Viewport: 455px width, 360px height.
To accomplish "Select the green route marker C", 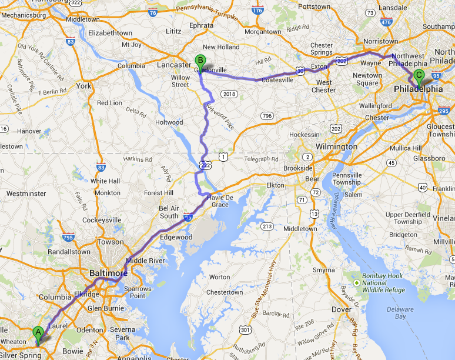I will tap(419, 75).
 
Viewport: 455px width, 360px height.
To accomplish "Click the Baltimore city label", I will tap(108, 274).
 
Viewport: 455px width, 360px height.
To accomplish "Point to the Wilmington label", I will tap(336, 146).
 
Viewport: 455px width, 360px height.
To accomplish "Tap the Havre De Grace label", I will tap(220, 201).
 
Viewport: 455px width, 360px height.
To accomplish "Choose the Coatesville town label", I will tap(277, 80).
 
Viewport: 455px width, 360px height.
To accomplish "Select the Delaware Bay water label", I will tap(400, 312).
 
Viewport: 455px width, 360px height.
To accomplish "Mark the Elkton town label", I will tap(275, 185).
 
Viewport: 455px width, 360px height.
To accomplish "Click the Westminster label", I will tap(25, 193).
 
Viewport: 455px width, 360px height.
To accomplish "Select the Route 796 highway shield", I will tap(267, 115).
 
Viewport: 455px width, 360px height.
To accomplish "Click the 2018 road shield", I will tap(229, 94).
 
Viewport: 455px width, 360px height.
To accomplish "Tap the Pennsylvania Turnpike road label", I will tap(206, 12).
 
